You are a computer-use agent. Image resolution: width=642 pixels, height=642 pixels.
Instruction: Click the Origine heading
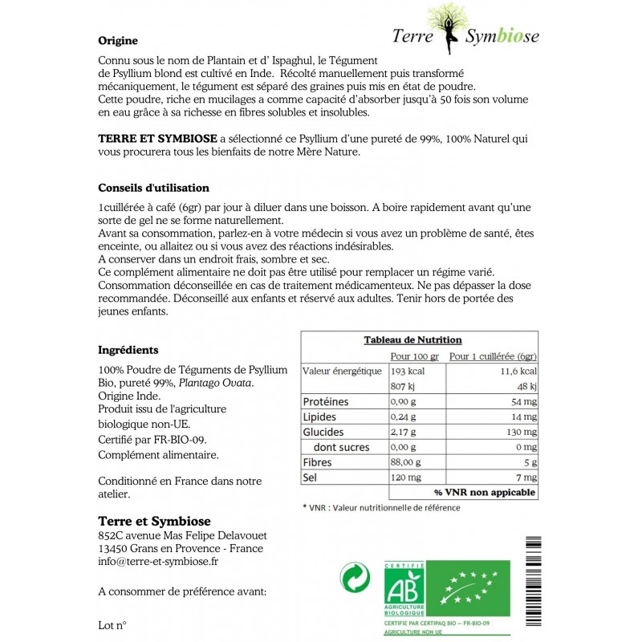118,41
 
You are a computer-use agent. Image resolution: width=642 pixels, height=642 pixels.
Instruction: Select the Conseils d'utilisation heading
153,188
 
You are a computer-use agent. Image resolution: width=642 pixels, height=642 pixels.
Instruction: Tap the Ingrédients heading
128,350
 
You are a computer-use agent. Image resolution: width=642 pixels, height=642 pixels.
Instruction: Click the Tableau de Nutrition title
412,340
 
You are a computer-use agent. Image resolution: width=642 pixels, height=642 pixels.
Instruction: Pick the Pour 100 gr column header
415,356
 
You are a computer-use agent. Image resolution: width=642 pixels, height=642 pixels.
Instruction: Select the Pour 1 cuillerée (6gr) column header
493,356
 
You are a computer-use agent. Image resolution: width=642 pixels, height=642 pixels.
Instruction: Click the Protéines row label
326,401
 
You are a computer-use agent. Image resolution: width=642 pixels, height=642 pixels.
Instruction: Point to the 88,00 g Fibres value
406,462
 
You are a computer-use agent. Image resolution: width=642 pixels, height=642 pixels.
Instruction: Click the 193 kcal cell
407,372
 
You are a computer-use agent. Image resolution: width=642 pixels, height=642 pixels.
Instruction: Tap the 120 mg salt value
404,477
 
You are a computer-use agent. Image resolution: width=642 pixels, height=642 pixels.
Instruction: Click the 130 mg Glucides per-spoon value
520,432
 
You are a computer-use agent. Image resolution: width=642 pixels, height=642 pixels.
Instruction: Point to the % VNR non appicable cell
486,492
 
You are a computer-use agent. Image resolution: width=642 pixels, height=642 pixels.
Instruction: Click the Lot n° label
112,624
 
